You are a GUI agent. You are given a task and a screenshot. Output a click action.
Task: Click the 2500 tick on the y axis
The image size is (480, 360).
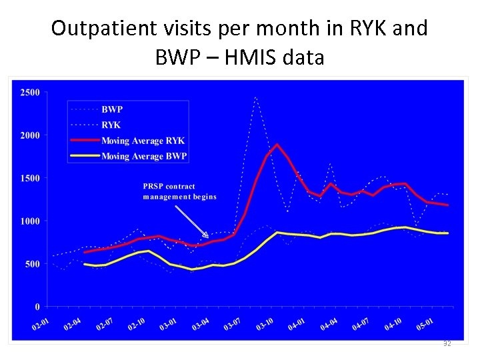pyautogui.click(x=29, y=91)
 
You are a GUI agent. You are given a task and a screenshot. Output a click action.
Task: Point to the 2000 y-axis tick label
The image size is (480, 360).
pyautogui.click(x=29, y=135)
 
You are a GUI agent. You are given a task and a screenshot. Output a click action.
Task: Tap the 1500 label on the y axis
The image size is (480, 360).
pyautogui.click(x=29, y=178)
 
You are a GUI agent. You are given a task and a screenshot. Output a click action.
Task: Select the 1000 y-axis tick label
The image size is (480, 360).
pyautogui.click(x=29, y=221)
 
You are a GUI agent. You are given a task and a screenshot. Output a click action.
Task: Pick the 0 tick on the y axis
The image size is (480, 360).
pyautogui.click(x=38, y=307)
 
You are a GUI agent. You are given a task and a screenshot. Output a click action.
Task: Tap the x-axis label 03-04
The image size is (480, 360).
pyautogui.click(x=201, y=325)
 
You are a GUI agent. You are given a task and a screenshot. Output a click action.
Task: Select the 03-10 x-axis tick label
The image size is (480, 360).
pyautogui.click(x=265, y=325)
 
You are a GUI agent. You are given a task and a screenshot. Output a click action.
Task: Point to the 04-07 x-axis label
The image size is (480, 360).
pyautogui.click(x=361, y=325)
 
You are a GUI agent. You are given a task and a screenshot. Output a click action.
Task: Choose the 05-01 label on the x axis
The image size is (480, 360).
pyautogui.click(x=424, y=325)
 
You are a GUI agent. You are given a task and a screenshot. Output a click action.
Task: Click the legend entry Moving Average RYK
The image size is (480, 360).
pyautogui.click(x=143, y=141)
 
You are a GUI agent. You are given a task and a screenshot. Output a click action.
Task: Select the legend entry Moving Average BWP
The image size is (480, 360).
pyautogui.click(x=144, y=157)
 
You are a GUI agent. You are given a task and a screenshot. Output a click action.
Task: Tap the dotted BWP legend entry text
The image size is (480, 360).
pyautogui.click(x=112, y=109)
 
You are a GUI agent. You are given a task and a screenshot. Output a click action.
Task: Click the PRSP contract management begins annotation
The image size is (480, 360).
pyautogui.click(x=179, y=191)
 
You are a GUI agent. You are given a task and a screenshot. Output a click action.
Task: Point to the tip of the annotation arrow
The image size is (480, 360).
pyautogui.click(x=209, y=237)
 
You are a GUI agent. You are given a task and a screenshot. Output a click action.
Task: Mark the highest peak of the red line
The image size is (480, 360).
pyautogui.click(x=277, y=145)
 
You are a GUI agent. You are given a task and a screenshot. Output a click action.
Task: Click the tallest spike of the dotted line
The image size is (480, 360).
pyautogui.click(x=256, y=97)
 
